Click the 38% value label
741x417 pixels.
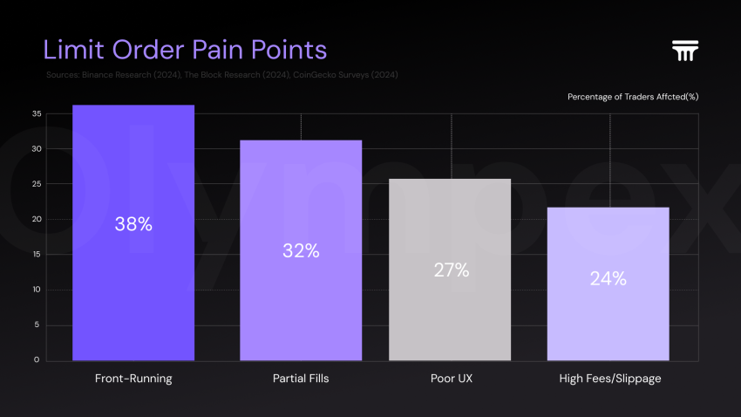(133, 224)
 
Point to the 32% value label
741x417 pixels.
(301, 251)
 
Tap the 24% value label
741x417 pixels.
(608, 279)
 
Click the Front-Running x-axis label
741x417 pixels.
(133, 379)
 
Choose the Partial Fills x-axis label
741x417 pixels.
(301, 379)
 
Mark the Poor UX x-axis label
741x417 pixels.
(451, 379)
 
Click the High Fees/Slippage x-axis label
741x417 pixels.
(608, 379)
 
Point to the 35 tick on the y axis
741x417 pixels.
(37, 113)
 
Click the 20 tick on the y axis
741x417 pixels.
(37, 219)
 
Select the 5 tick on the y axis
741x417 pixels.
(37, 325)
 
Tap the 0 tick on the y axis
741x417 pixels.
(37, 359)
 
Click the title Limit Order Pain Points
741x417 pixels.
(185, 48)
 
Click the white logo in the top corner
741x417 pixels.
(686, 51)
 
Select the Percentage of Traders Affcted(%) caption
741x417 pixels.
(633, 96)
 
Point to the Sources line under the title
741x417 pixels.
(222, 75)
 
